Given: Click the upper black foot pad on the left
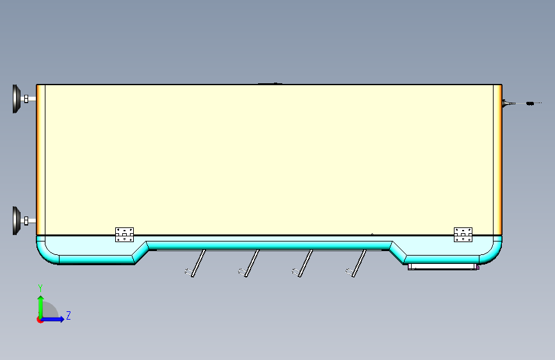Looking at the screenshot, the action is (16, 99).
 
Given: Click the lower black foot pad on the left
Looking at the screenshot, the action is (16, 220).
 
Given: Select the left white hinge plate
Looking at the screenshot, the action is (124, 234).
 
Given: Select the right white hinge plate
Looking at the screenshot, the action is (462, 234).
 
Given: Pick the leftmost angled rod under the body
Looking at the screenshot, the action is (198, 262).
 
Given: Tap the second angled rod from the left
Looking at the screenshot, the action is (252, 262).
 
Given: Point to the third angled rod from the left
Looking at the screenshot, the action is (305, 262).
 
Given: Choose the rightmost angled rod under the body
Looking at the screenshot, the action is (359, 262).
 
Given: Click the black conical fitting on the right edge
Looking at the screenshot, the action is (506, 102).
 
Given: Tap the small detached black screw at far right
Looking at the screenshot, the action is (530, 102).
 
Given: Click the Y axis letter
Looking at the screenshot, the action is (40, 288).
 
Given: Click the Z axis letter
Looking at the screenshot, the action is (68, 315).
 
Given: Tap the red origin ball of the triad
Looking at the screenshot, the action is (40, 320).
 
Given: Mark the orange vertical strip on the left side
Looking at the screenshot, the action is (40, 160).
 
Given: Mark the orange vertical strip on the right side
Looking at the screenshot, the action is (497, 160).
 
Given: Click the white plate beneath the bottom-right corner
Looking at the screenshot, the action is (442, 265).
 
